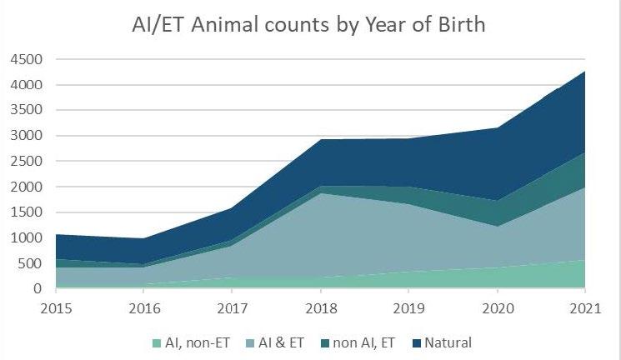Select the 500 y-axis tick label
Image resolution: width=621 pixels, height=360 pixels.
point(28,263)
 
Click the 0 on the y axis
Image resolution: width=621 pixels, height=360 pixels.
point(38,289)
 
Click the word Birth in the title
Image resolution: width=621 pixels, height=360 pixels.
point(458,24)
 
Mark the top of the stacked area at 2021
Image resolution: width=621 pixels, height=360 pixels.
point(584,72)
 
